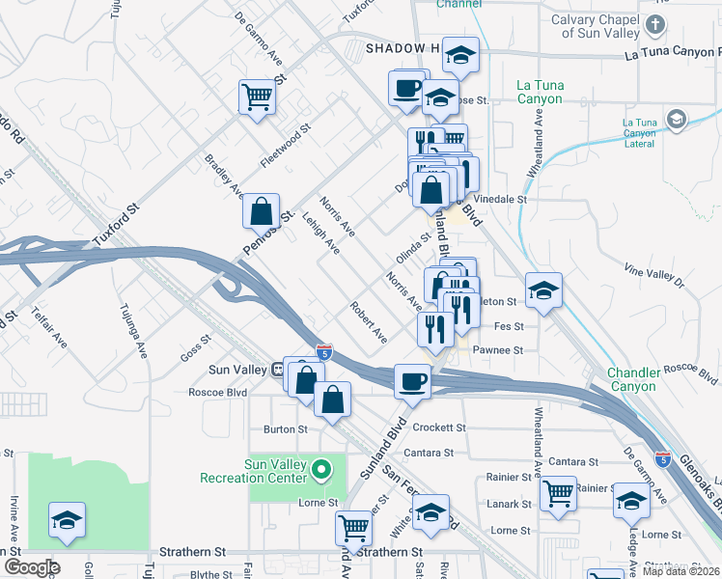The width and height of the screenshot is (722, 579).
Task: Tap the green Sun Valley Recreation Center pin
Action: tap(323, 471)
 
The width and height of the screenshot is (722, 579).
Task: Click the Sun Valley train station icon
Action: tap(277, 369)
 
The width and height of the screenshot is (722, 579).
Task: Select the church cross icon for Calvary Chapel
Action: tap(656, 23)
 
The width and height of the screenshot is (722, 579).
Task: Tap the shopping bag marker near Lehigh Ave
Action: tap(262, 211)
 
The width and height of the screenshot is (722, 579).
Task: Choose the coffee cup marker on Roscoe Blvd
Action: tap(412, 381)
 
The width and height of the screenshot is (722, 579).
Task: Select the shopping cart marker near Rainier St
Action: tap(559, 493)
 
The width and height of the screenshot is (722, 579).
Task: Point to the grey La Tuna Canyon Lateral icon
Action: tap(676, 120)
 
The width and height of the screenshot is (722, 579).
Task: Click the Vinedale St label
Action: tap(505, 199)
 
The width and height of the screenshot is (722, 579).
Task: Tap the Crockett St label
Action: tap(439, 427)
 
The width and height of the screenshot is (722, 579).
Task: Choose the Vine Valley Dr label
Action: tap(653, 276)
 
